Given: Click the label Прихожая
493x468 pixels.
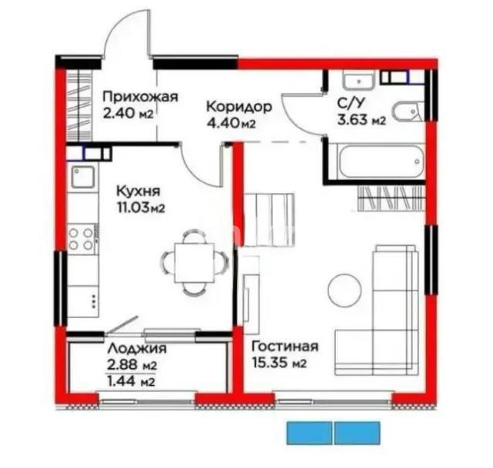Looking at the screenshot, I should tap(140, 97).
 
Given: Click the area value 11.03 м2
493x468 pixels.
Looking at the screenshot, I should tap(141, 207).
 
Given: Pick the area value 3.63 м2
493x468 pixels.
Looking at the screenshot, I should tap(361, 120).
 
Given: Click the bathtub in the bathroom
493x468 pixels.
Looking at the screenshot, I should tap(376, 161).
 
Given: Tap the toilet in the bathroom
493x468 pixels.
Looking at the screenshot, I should tap(407, 111).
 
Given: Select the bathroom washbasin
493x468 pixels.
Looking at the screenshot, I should tap(358, 80).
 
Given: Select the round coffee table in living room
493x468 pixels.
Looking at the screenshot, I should tap(345, 290).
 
